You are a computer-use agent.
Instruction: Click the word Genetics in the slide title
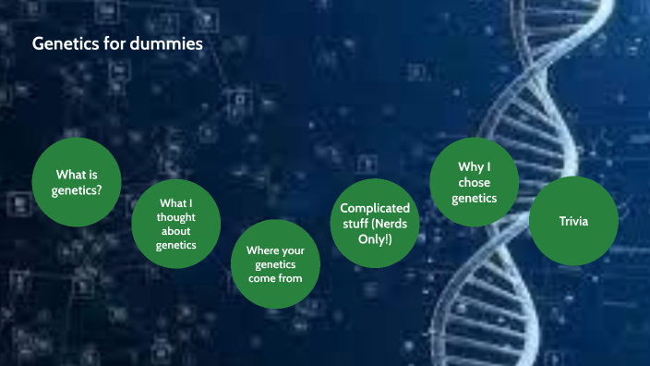pos(61,43)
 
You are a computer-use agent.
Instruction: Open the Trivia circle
pos(573,222)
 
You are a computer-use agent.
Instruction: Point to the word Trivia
pos(573,222)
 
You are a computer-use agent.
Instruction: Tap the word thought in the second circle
pos(177,218)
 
